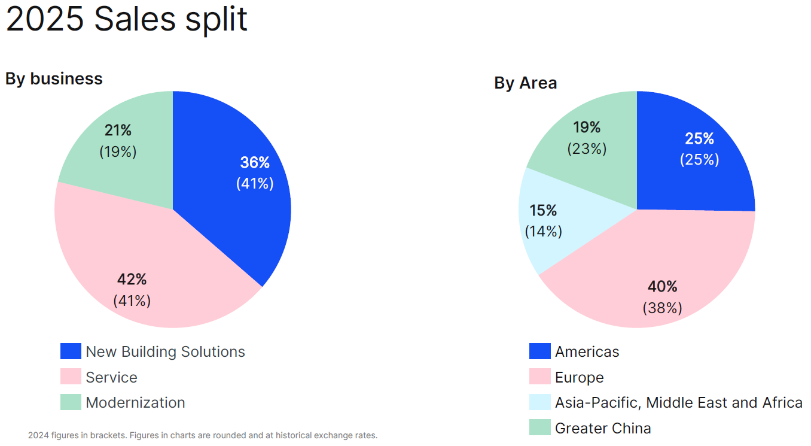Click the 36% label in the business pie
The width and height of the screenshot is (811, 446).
pos(255,162)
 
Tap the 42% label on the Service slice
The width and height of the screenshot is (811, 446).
pos(132,280)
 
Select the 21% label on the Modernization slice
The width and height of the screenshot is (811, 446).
pos(118,131)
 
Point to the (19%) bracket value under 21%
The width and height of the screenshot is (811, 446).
pos(118,152)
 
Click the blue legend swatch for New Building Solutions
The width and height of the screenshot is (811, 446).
pos(71,351)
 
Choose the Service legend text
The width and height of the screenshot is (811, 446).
pos(111,377)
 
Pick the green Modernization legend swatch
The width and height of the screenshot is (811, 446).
pos(71,402)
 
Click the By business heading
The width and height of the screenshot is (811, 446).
pos(54,78)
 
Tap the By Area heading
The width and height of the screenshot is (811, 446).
pos(525,83)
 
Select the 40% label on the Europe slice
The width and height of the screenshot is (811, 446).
pos(663,286)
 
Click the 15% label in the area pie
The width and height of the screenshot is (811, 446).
pos(543,211)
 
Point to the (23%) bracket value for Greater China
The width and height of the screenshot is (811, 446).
pos(587,148)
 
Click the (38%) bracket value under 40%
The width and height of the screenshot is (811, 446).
pos(663,308)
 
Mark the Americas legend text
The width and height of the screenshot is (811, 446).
pos(587,351)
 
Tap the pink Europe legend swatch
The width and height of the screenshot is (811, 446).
pos(539,377)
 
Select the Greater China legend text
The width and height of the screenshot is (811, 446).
pos(602,428)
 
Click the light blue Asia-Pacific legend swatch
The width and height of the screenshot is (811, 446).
pos(539,402)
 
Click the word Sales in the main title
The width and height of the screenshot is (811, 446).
pos(135,19)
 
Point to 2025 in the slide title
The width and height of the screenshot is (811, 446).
pos(45,19)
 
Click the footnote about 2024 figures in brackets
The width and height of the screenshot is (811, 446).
pos(203,435)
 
